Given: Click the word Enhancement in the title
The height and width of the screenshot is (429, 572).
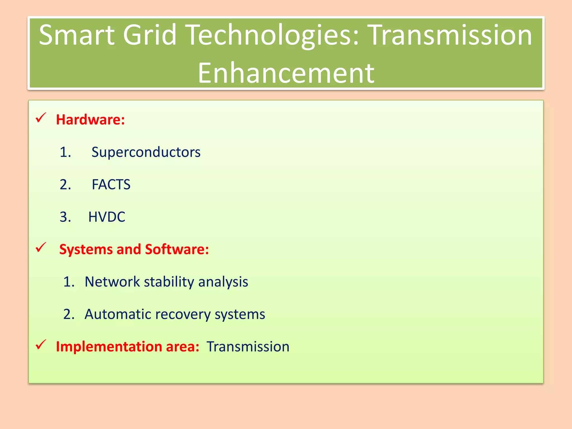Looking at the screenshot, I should [x=286, y=73].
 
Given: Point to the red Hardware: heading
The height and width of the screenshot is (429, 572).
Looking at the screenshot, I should [x=90, y=120].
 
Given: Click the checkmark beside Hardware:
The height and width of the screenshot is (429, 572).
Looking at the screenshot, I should [x=41, y=118].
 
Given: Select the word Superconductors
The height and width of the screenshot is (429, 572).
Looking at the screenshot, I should [x=146, y=152].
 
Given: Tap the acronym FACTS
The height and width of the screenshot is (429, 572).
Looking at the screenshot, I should [x=111, y=185].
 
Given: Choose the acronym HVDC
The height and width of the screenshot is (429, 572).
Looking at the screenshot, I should [x=107, y=217].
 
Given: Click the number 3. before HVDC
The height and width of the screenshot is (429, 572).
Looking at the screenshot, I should [x=65, y=217].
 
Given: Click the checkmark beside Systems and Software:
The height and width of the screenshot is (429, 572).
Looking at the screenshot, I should [x=41, y=247].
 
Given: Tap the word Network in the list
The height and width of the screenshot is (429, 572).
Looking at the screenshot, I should [x=112, y=282].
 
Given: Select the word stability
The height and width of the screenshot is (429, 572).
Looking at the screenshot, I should [x=169, y=282].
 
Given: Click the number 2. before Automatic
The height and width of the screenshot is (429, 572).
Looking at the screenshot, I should [x=69, y=314].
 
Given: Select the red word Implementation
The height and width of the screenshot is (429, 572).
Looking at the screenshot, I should [x=109, y=347].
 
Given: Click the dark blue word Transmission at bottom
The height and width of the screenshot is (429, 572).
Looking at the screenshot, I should [x=248, y=347].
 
